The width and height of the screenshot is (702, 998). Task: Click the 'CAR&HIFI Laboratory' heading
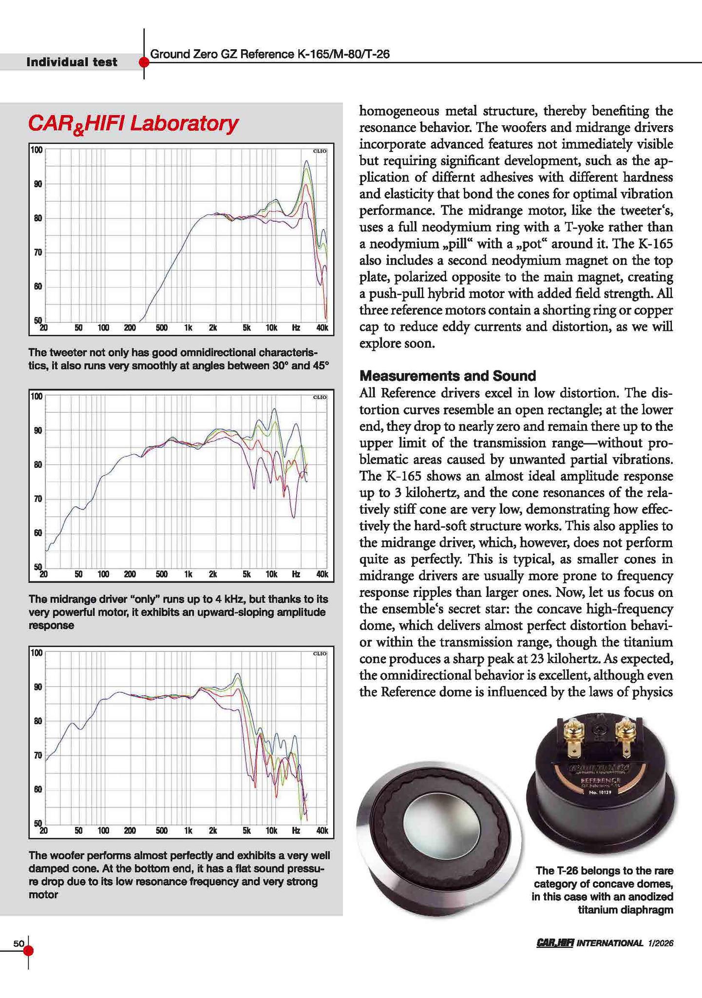click(133, 123)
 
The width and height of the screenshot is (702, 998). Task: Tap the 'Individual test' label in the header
click(72, 62)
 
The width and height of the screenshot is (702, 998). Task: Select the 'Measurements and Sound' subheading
click(447, 376)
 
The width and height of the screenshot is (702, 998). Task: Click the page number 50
click(19, 943)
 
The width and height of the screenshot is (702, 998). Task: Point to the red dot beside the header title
click(144, 62)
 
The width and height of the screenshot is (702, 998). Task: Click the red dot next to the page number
click(28, 950)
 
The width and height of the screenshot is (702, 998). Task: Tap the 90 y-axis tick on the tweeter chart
click(37, 184)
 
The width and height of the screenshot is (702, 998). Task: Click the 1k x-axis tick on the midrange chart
click(188, 574)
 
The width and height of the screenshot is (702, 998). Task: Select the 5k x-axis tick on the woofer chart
click(247, 830)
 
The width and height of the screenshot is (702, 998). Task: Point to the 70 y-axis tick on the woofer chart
click(37, 755)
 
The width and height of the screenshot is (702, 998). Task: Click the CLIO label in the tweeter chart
click(319, 151)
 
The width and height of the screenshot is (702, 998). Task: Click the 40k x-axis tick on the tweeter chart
click(322, 328)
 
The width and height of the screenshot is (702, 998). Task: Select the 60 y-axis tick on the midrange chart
click(37, 533)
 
